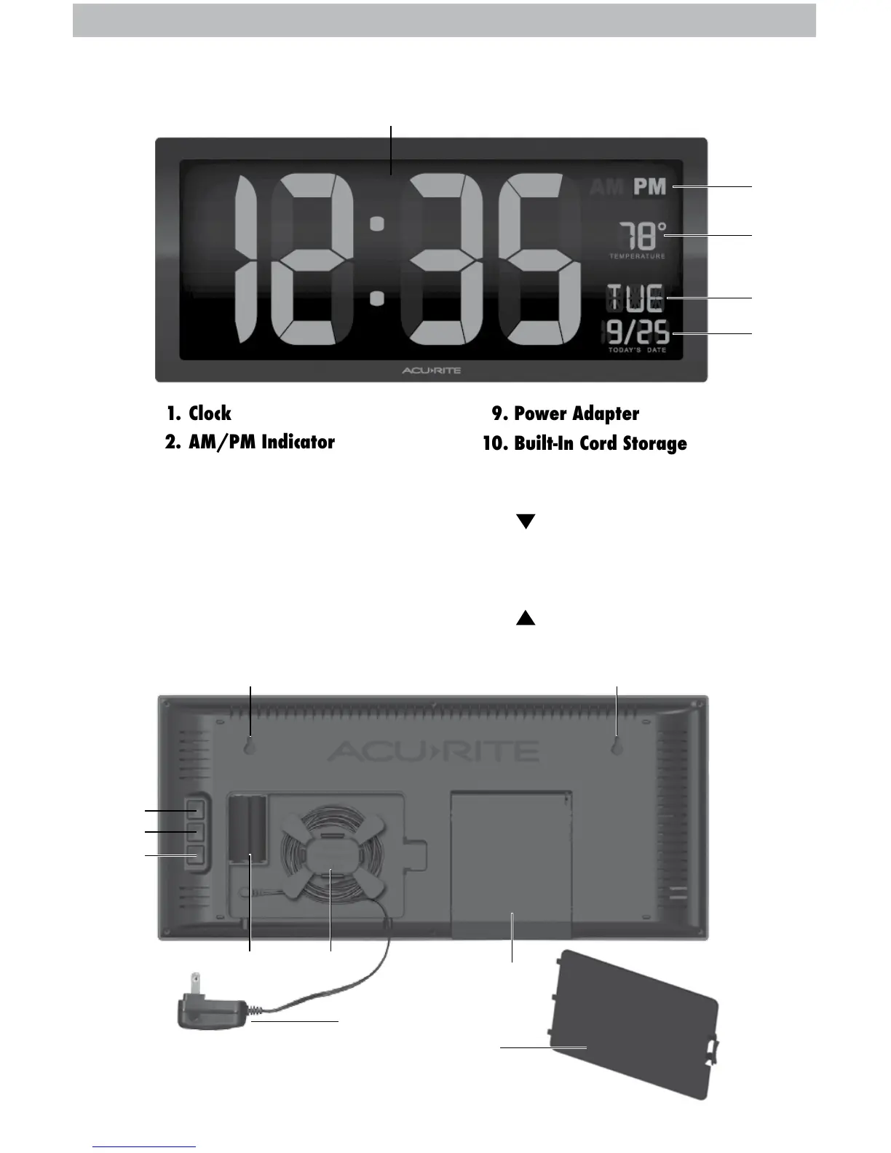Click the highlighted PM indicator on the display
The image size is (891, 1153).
tap(649, 187)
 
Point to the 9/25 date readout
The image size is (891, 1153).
tap(638, 333)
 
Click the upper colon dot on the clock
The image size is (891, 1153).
tap(376, 225)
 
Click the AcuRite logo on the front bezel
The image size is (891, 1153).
tap(432, 371)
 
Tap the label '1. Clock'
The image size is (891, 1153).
tap(199, 413)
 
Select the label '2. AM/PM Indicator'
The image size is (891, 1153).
tap(250, 443)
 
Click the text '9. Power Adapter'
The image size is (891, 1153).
tap(566, 413)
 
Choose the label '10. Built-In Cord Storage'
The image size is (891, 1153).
tap(585, 443)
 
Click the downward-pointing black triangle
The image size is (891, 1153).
tap(526, 521)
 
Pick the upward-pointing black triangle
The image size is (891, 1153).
tap(526, 618)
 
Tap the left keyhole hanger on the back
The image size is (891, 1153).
tap(250, 748)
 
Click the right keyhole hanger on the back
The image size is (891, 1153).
tap(617, 748)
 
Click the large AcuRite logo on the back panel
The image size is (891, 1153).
tap(433, 750)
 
